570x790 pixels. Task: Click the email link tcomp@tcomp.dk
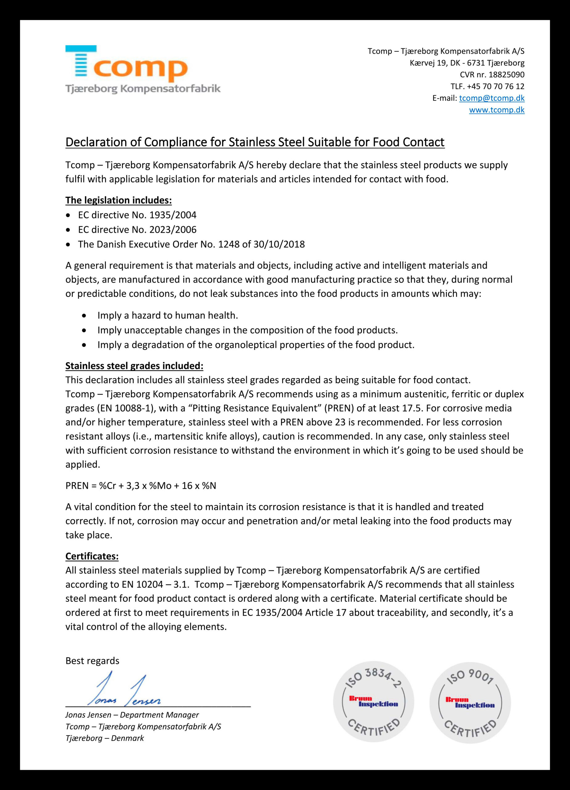coord(492,98)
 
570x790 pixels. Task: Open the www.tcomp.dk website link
coord(497,110)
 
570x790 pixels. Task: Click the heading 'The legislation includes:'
coord(118,200)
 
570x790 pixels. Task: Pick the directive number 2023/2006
coord(173,230)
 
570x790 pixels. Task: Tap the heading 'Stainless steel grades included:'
coord(134,366)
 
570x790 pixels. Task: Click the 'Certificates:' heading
coord(92,556)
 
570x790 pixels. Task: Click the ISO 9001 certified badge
coord(470,703)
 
